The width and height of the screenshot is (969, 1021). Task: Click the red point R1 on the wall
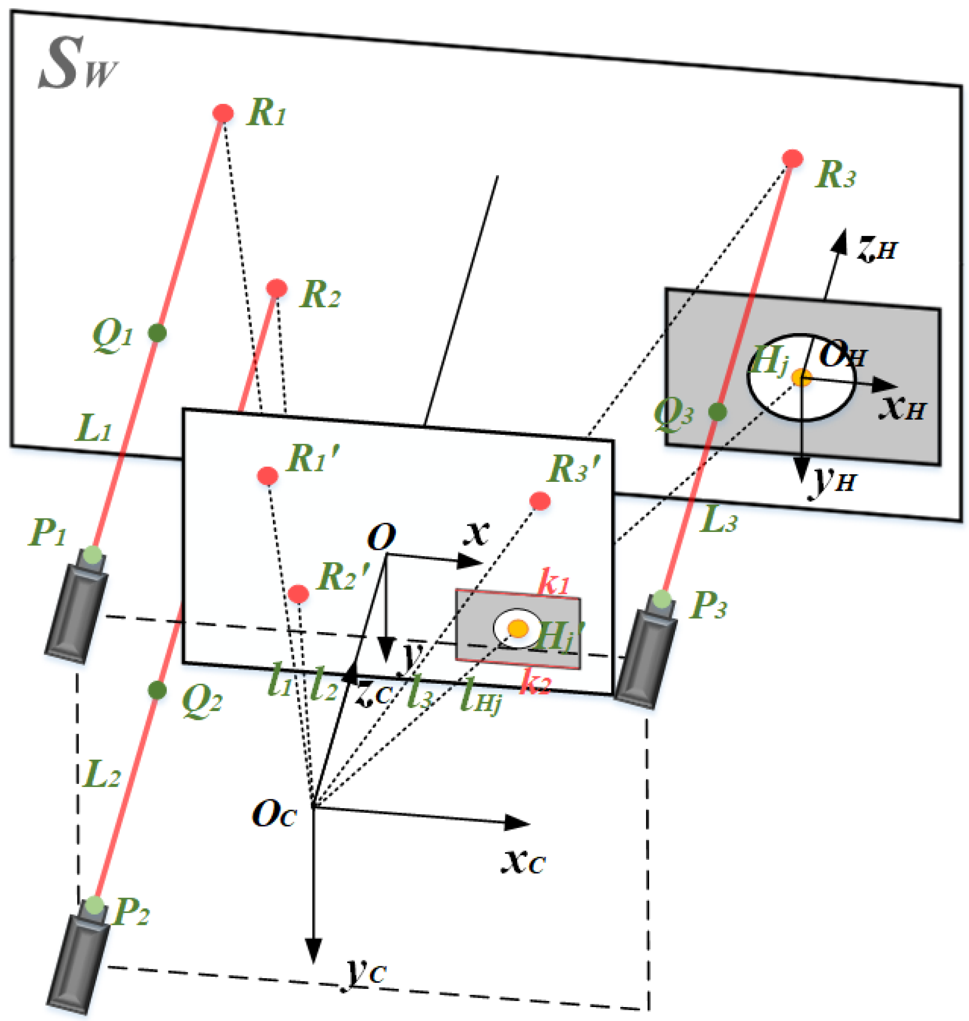click(x=223, y=113)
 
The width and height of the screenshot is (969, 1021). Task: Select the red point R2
click(x=277, y=288)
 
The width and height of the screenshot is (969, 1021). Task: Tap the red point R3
click(x=793, y=158)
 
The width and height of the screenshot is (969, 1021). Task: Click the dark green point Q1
click(x=157, y=333)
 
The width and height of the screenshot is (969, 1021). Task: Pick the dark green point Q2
click(x=157, y=689)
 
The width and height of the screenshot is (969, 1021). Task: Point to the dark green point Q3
click(x=717, y=412)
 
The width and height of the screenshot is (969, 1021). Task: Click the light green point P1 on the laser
click(x=93, y=554)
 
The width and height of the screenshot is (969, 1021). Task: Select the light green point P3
click(x=662, y=599)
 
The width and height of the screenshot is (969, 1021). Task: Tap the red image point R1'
click(x=268, y=476)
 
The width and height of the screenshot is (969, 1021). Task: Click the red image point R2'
click(x=299, y=594)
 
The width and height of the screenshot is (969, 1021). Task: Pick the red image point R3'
click(x=540, y=500)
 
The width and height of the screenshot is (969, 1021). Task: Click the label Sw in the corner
click(x=77, y=65)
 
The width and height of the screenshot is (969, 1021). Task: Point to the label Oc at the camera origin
click(x=274, y=814)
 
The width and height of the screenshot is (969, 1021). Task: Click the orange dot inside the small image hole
click(x=518, y=628)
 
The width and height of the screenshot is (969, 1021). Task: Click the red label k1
click(x=554, y=582)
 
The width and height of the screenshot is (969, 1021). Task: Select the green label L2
click(x=102, y=775)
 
